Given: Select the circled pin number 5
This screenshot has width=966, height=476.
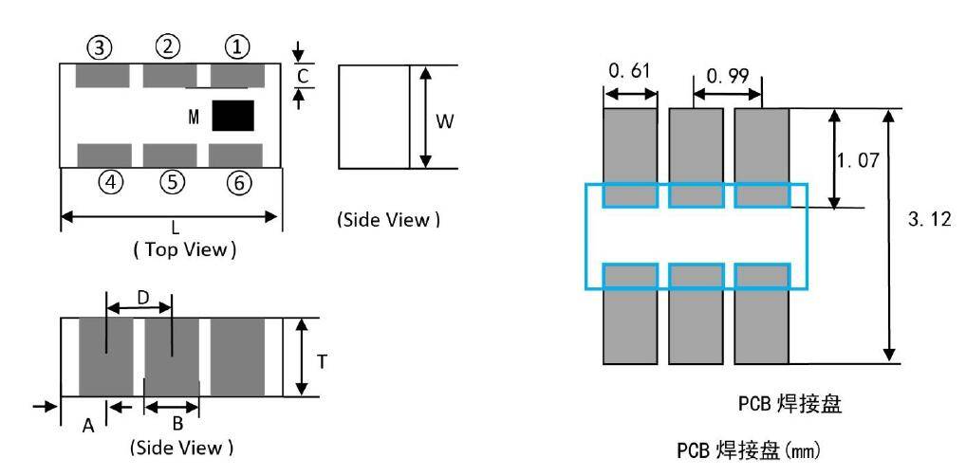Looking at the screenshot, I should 172,182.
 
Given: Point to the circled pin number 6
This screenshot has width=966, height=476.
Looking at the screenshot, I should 238,182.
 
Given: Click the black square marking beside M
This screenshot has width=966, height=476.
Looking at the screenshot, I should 232,116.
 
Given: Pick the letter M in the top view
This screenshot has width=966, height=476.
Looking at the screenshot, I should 194,117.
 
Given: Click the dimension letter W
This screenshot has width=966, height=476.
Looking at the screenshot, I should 444,120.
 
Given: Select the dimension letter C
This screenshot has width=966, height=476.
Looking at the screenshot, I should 302,75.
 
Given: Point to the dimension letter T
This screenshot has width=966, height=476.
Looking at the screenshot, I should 322,360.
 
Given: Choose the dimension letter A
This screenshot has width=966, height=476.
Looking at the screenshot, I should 87,427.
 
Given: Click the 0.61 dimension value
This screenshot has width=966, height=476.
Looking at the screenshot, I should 627,71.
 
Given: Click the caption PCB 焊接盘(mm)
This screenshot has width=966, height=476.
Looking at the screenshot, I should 749,449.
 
